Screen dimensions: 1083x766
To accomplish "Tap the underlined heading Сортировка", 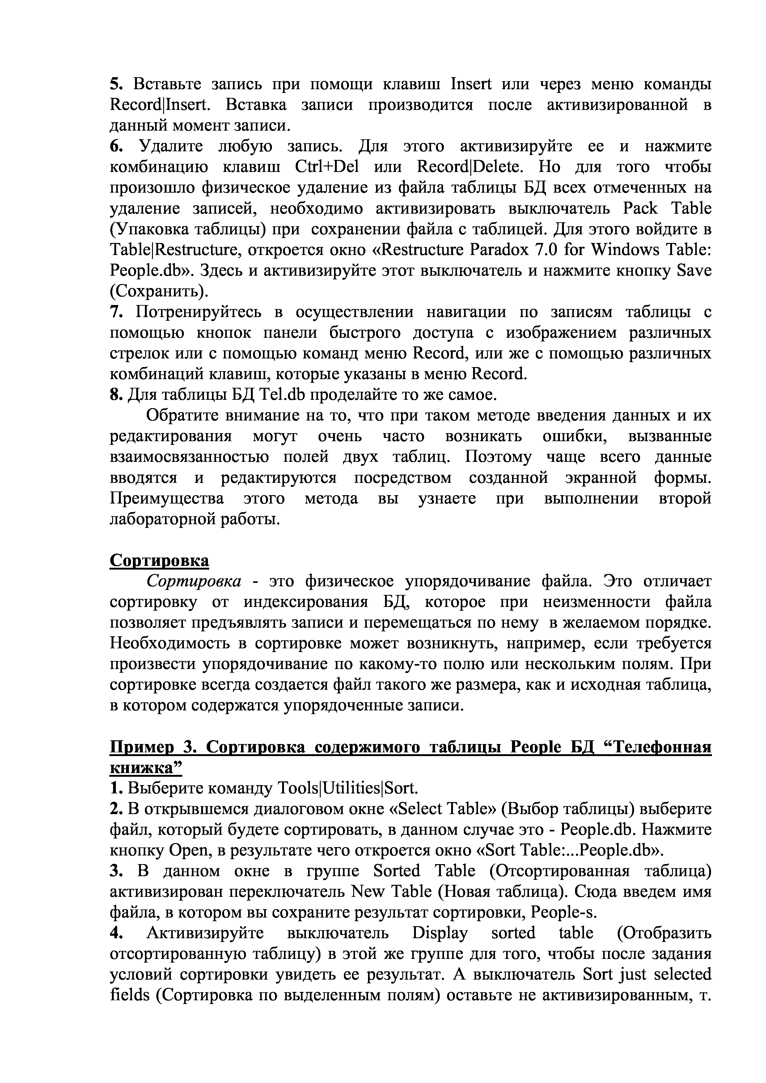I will coord(159,561).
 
